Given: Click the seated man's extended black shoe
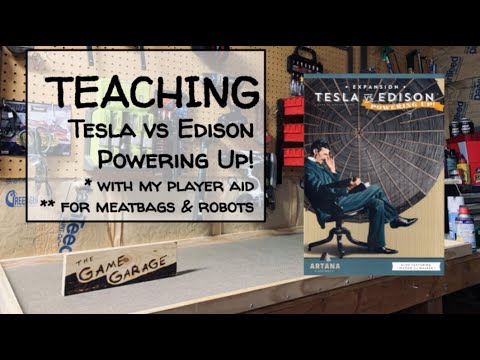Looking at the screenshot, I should coord(405,222).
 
